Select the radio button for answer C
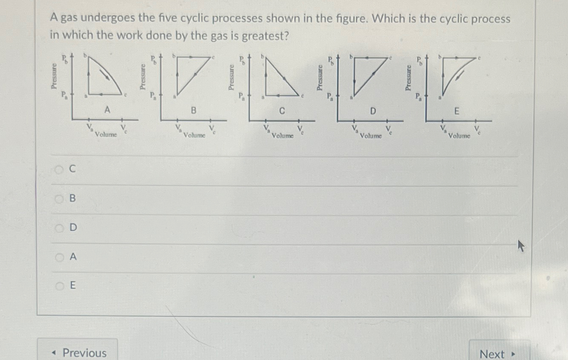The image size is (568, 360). click(x=59, y=170)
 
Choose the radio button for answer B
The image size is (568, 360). click(x=59, y=199)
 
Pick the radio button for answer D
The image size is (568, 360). click(x=59, y=228)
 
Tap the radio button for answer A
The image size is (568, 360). click(x=59, y=257)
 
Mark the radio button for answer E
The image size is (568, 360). click(x=59, y=285)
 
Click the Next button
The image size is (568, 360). click(x=498, y=354)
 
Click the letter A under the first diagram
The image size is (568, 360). click(x=108, y=110)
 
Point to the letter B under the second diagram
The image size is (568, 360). click(x=193, y=111)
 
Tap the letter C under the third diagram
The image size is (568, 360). click(x=282, y=111)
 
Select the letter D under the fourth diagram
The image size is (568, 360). click(x=373, y=111)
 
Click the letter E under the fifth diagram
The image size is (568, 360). click(x=456, y=111)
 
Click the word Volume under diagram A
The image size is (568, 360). click(x=106, y=135)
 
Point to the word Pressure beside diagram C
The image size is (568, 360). click(x=231, y=77)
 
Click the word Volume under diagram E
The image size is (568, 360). click(x=459, y=136)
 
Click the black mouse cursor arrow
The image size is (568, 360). click(x=521, y=246)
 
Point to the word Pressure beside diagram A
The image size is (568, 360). click(x=54, y=76)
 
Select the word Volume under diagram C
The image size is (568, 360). click(x=283, y=136)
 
